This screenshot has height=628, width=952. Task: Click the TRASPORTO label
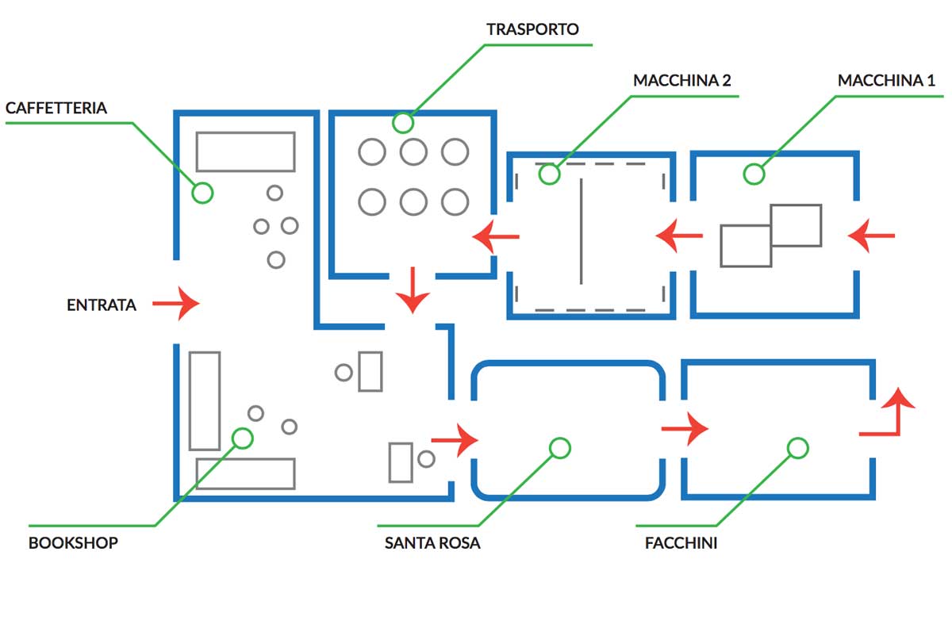coord(532,29)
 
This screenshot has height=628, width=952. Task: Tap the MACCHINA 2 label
coord(681,80)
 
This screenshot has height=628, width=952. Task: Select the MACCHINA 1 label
coord(887,80)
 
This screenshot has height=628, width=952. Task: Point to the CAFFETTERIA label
coord(56,108)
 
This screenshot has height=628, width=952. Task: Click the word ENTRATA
coord(102,304)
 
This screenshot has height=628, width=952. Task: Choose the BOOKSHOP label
coord(73,543)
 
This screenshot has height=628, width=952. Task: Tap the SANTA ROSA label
coord(432,543)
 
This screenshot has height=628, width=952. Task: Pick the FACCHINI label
coord(681,543)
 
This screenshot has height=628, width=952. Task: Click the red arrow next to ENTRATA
coord(176,304)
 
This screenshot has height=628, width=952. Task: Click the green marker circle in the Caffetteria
coord(202,193)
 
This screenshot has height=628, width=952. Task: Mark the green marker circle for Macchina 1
coord(754,174)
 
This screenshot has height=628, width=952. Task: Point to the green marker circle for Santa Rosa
coord(560,448)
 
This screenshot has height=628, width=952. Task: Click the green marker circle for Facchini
coord(798,448)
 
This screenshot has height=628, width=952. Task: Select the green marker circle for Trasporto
coord(403,123)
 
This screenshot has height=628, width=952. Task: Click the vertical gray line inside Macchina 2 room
coord(581,232)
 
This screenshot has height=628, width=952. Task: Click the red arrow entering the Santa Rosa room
coord(455,440)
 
